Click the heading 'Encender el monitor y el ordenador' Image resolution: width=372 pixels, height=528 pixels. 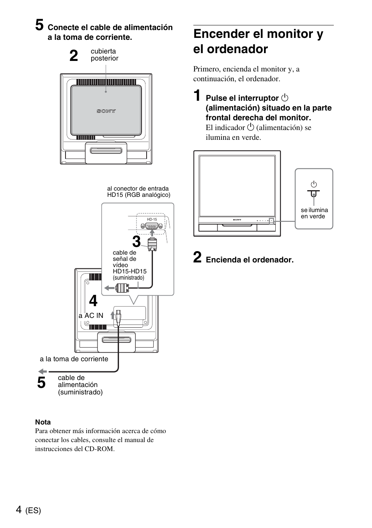click(258, 41)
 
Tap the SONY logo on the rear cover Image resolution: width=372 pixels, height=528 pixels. click(106, 111)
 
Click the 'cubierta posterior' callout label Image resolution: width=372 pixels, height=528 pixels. click(104, 55)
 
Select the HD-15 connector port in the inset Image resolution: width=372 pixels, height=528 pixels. click(152, 227)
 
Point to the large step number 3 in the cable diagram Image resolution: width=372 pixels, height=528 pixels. click(136, 242)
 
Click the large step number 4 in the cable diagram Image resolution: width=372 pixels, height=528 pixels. click(93, 301)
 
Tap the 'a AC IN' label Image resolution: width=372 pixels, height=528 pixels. click(91, 316)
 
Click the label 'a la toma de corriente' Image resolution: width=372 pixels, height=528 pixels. click(74, 359)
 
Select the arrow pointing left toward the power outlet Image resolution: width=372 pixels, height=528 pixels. click(43, 371)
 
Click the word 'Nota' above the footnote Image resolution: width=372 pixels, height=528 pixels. click(43, 422)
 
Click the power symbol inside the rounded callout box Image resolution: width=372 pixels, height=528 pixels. click(314, 184)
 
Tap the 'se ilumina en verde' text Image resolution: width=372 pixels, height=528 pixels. click(314, 213)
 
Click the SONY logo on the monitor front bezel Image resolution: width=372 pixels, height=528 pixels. click(237, 220)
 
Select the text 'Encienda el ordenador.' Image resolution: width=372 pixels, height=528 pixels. click(250, 260)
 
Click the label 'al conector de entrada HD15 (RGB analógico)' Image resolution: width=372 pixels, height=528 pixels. click(138, 192)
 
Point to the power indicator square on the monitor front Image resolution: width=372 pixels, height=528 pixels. click(272, 221)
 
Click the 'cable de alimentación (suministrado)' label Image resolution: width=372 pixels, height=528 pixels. click(80, 385)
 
